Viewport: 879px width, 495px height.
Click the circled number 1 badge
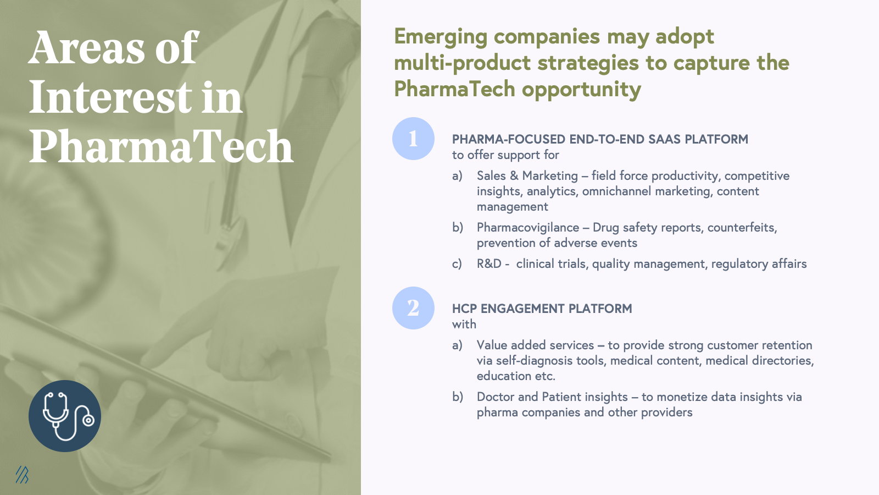pyautogui.click(x=413, y=139)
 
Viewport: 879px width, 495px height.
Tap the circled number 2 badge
pyautogui.click(x=413, y=308)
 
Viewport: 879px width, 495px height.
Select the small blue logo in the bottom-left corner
pyautogui.click(x=22, y=475)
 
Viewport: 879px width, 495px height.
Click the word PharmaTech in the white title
pyautogui.click(x=162, y=146)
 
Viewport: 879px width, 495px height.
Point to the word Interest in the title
pyautogui.click(x=110, y=97)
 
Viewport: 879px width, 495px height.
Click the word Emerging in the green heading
pyautogui.click(x=441, y=37)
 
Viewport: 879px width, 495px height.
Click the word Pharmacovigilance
pyautogui.click(x=528, y=228)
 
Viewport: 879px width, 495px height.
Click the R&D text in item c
pyautogui.click(x=489, y=263)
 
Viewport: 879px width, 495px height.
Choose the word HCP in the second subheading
pyautogui.click(x=465, y=309)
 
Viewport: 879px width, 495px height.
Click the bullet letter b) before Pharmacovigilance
pyautogui.click(x=458, y=228)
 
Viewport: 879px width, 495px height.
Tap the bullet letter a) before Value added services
pyautogui.click(x=457, y=345)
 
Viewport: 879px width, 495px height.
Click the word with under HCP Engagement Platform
pyautogui.click(x=464, y=324)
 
